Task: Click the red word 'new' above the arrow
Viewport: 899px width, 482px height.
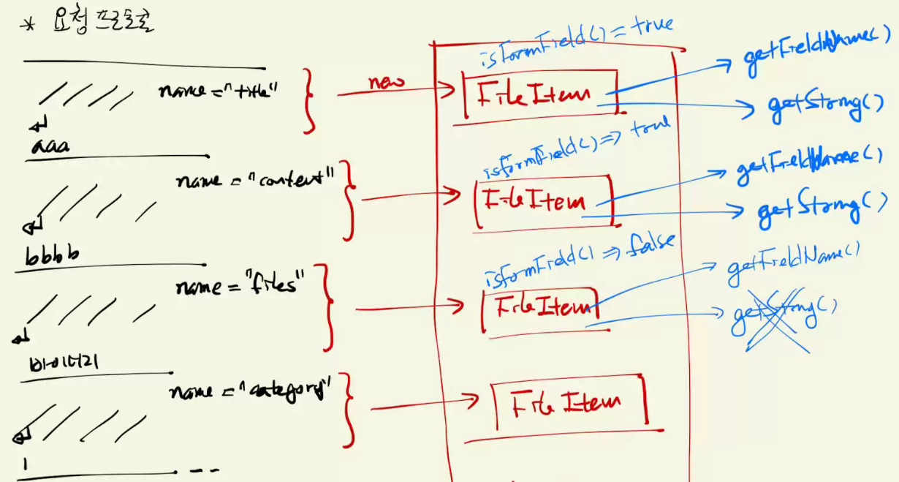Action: [385, 82]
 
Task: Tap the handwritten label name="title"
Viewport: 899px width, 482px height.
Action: [219, 92]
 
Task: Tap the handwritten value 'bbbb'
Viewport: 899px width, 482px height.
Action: [52, 256]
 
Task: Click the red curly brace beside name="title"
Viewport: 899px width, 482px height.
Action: [309, 101]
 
